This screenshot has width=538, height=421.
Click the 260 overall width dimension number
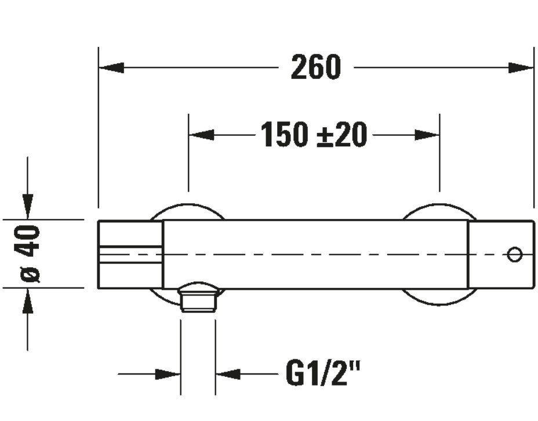coord(316,67)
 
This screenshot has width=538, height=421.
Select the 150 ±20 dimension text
coord(314,135)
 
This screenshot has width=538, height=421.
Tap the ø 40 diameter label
coord(30,254)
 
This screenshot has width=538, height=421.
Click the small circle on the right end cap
coord(514,254)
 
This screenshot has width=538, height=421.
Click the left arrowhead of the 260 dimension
coord(111,68)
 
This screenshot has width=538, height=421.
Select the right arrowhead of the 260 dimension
coord(521,68)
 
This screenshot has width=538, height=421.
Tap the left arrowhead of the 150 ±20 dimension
coord(202,135)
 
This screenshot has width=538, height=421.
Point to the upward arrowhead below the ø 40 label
coord(27,301)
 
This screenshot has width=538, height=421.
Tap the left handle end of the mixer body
coord(130,254)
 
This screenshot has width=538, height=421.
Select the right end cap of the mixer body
coord(500,254)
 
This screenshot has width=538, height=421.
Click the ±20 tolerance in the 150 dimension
coord(342,135)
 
